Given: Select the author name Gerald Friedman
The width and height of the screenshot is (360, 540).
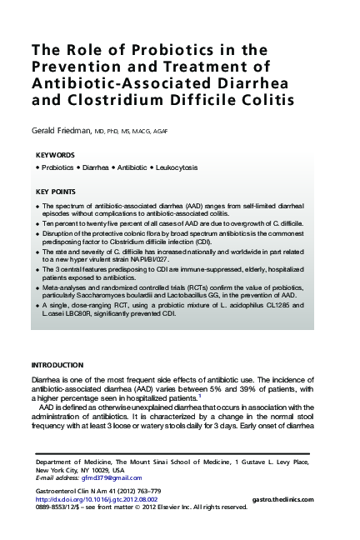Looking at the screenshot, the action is click(65, 131).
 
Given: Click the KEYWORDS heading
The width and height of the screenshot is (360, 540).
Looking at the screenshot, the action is click(57, 155).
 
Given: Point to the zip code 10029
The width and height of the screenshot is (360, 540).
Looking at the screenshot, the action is click(97, 470).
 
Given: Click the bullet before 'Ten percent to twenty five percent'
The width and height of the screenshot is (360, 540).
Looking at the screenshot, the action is click(37, 225).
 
